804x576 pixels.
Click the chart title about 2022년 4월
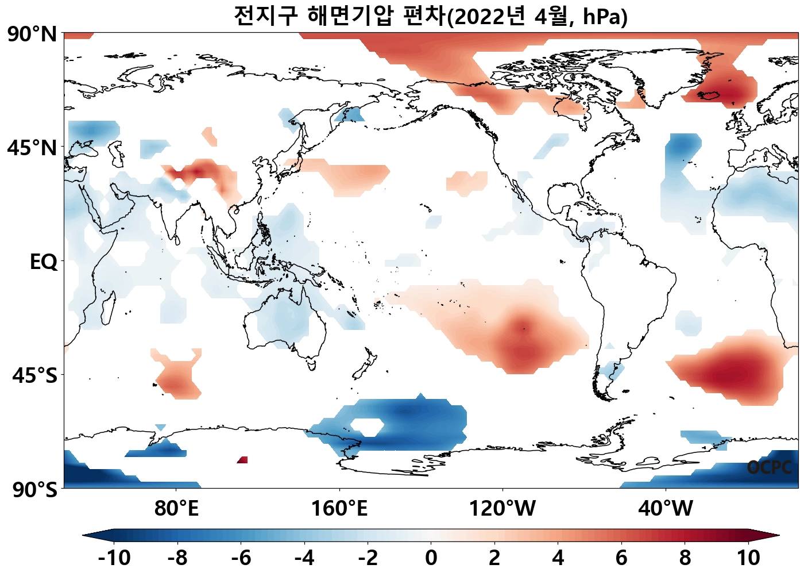(x=431, y=16)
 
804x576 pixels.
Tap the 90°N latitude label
(x=32, y=34)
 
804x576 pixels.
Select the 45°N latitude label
(x=32, y=148)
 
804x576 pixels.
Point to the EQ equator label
(x=44, y=262)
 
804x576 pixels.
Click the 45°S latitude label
(x=34, y=376)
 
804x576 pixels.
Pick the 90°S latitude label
(x=34, y=490)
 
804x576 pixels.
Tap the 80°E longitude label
(x=176, y=509)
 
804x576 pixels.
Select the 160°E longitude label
(x=339, y=509)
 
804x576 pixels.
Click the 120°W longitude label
(x=502, y=509)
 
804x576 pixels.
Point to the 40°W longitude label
(x=666, y=509)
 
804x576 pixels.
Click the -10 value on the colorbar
(x=114, y=558)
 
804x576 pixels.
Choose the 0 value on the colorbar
(x=431, y=558)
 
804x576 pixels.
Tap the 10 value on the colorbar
(x=748, y=558)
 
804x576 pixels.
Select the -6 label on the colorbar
(x=241, y=558)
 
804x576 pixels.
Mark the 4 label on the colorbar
(x=558, y=558)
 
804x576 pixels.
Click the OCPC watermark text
(x=770, y=467)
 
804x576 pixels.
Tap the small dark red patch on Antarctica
(x=242, y=459)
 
